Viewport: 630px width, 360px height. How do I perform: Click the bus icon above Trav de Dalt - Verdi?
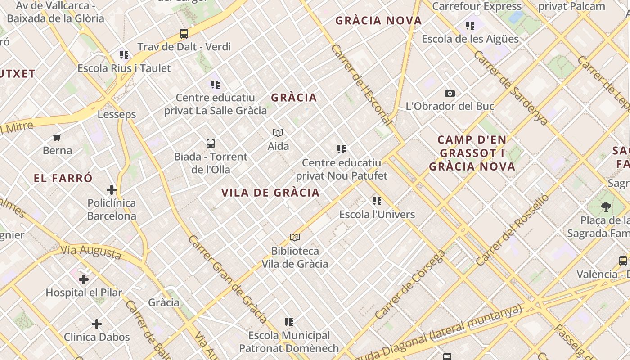point(184,34)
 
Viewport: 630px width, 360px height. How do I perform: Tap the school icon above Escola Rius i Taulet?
point(124,55)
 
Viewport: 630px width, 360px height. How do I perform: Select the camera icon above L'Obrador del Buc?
point(450,94)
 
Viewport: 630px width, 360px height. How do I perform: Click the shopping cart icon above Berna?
point(57,138)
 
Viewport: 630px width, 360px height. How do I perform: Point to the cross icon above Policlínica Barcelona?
point(112,190)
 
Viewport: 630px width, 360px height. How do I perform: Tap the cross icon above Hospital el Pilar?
point(84,279)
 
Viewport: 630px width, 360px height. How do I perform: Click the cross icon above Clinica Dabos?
point(97,324)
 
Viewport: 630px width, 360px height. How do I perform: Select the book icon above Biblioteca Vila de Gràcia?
point(295,238)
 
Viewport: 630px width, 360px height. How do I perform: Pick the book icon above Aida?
point(278,133)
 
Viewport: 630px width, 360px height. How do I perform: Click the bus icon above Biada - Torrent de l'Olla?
point(210,144)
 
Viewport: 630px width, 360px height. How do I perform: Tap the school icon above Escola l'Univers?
point(377,201)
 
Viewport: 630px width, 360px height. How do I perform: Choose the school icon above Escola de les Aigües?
point(470,26)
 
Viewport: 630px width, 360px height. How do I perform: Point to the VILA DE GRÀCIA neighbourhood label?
point(270,193)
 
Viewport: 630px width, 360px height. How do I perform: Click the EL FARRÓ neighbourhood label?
point(63,178)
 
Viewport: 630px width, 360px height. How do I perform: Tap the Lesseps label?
point(117,114)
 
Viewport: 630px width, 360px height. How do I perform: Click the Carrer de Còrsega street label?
point(410,285)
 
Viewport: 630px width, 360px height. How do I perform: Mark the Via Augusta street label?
point(90,252)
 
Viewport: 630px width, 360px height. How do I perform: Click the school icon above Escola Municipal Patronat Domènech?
point(289,322)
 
